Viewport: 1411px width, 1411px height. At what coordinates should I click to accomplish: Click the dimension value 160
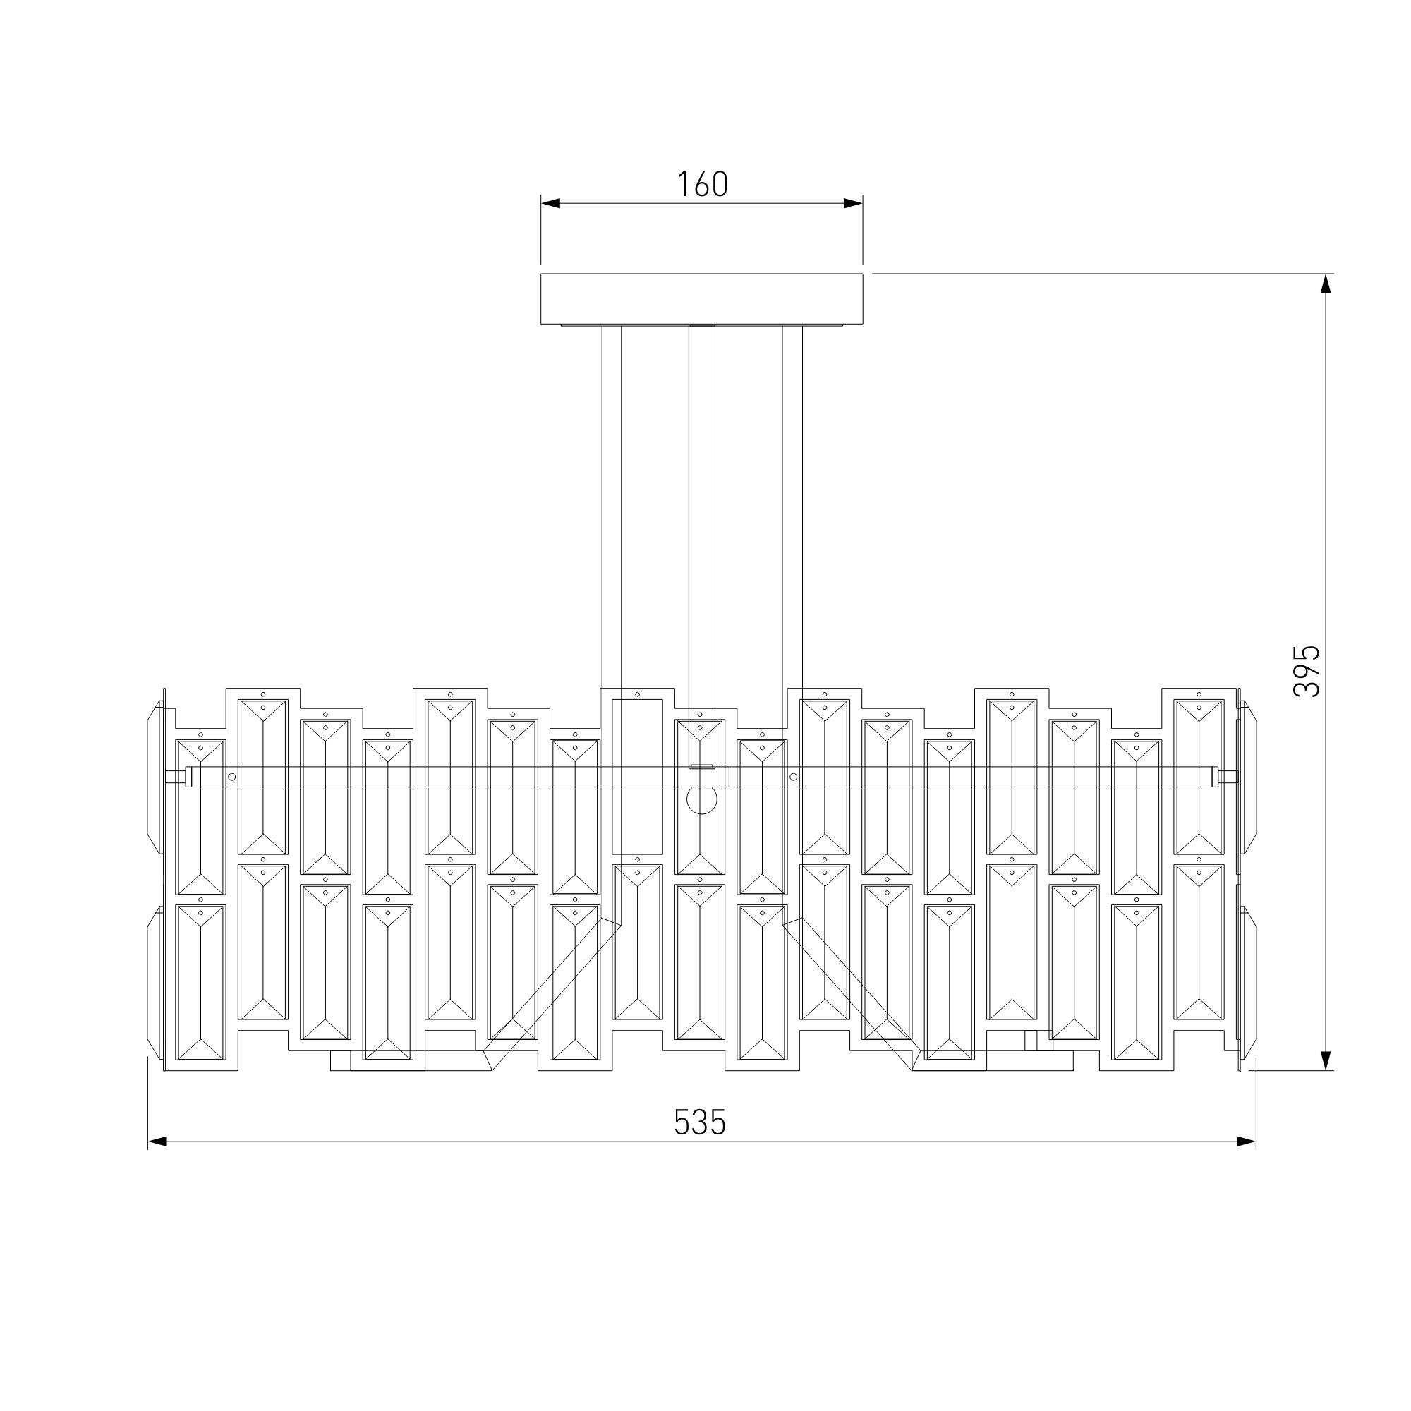click(702, 184)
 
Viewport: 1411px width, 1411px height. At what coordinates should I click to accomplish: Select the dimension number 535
click(700, 1122)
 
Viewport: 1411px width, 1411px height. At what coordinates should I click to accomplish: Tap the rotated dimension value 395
click(1307, 671)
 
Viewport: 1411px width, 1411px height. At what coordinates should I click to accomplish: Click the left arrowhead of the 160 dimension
click(551, 203)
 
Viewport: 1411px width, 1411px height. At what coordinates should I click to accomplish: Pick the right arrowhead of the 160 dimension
click(853, 203)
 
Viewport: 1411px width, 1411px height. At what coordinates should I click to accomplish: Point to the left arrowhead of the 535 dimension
click(158, 1141)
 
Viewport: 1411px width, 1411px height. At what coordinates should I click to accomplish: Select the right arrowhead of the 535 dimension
click(1246, 1141)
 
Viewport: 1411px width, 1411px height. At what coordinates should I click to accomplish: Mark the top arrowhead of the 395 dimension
click(1326, 284)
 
